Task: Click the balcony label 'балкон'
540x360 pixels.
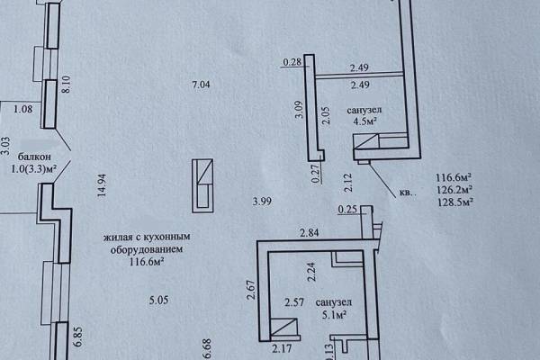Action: pyautogui.click(x=34, y=157)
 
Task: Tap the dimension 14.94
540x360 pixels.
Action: pyautogui.click(x=102, y=185)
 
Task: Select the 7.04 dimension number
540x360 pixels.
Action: pyautogui.click(x=201, y=85)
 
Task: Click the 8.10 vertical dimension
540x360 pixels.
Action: pyautogui.click(x=66, y=85)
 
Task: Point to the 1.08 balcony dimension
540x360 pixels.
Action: pyautogui.click(x=23, y=109)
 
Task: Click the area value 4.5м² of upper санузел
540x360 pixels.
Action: pyautogui.click(x=364, y=121)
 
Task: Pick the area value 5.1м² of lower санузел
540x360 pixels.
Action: pyautogui.click(x=334, y=314)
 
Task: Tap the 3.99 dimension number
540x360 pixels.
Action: pyautogui.click(x=262, y=201)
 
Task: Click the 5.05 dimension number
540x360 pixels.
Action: pyautogui.click(x=158, y=300)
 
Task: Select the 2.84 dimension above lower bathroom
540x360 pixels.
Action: pyautogui.click(x=310, y=233)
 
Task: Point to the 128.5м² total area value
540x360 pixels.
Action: pyautogui.click(x=454, y=202)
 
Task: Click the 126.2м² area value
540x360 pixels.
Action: pyautogui.click(x=454, y=190)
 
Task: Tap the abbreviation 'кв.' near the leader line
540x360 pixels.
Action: pyautogui.click(x=407, y=193)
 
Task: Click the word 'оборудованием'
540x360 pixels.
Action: pyautogui.click(x=147, y=249)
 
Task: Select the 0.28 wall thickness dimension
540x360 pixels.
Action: pyautogui.click(x=292, y=62)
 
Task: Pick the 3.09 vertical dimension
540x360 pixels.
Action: pyautogui.click(x=300, y=110)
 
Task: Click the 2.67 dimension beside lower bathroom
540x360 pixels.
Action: pyautogui.click(x=251, y=290)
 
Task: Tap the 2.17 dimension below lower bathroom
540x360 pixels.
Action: pyautogui.click(x=282, y=348)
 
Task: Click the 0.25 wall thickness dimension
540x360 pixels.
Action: pyautogui.click(x=347, y=209)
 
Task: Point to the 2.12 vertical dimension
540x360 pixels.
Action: pyautogui.click(x=348, y=183)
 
